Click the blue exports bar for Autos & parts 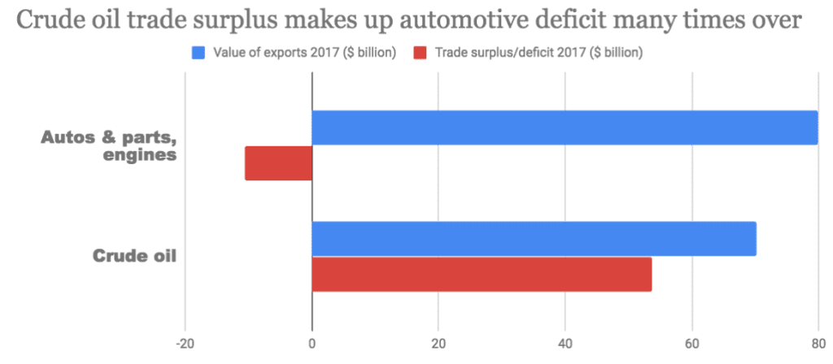coord(565,128)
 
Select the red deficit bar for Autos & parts coord(278,163)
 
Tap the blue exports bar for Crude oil coord(534,238)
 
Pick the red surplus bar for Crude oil coord(482,274)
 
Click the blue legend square coord(198,54)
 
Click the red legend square coord(420,54)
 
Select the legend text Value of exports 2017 coord(304,54)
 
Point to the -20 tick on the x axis coord(185,342)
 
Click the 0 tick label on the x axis coord(312,342)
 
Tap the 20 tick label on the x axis coord(438,342)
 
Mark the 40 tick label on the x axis coord(565,342)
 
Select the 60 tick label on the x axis coord(692,342)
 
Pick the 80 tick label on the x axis coord(818,342)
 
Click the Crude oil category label coord(136,257)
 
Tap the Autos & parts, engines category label coord(110,145)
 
